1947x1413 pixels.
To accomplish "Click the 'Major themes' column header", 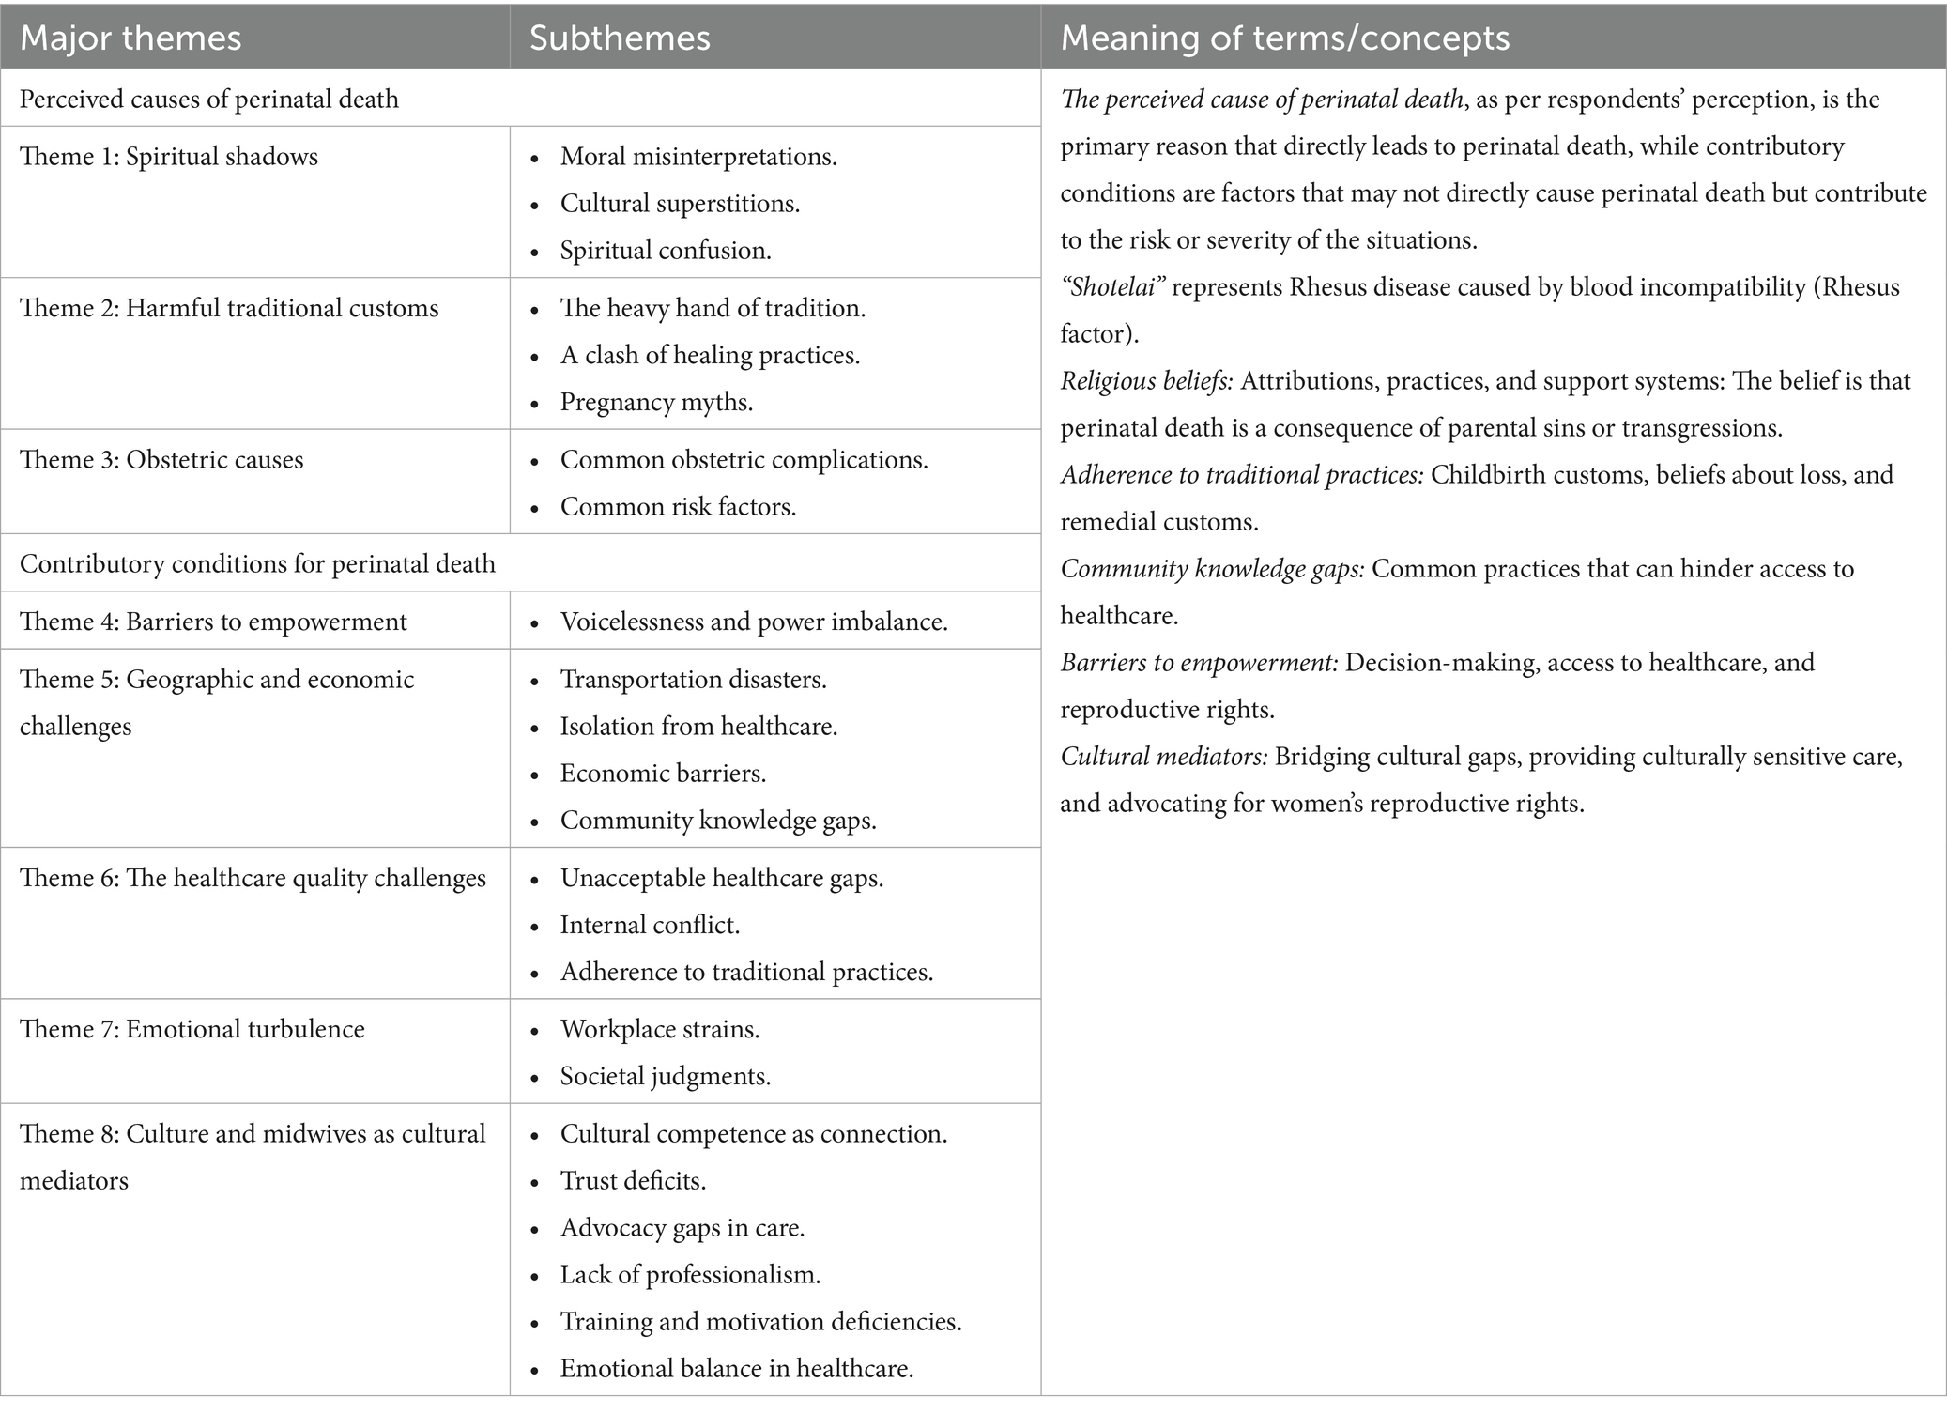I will point(130,38).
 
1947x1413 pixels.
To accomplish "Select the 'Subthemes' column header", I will point(620,38).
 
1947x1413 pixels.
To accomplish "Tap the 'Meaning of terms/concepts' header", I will point(1284,38).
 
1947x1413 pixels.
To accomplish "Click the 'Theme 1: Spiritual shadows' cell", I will point(169,157).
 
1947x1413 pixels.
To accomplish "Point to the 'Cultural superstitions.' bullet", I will point(680,204).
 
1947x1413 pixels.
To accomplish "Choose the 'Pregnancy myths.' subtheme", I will point(656,403).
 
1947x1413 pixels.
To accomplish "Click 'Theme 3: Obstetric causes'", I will point(161,460).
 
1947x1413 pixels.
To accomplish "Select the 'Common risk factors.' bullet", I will point(678,507).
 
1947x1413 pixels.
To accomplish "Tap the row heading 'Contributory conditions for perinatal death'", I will point(257,564).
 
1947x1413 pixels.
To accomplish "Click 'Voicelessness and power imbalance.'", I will point(754,622).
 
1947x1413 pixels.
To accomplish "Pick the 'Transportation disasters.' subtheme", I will point(694,680).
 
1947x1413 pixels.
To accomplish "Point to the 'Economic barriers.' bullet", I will point(663,774).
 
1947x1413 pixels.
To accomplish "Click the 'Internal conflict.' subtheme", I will point(650,926).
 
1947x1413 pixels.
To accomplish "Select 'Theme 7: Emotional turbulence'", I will point(192,1030).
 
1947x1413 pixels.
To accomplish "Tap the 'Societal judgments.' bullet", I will point(665,1077).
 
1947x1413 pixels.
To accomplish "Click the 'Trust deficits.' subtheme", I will point(633,1181).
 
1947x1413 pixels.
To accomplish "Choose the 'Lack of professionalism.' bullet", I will point(690,1275).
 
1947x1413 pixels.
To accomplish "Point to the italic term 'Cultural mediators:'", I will point(1164,757).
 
